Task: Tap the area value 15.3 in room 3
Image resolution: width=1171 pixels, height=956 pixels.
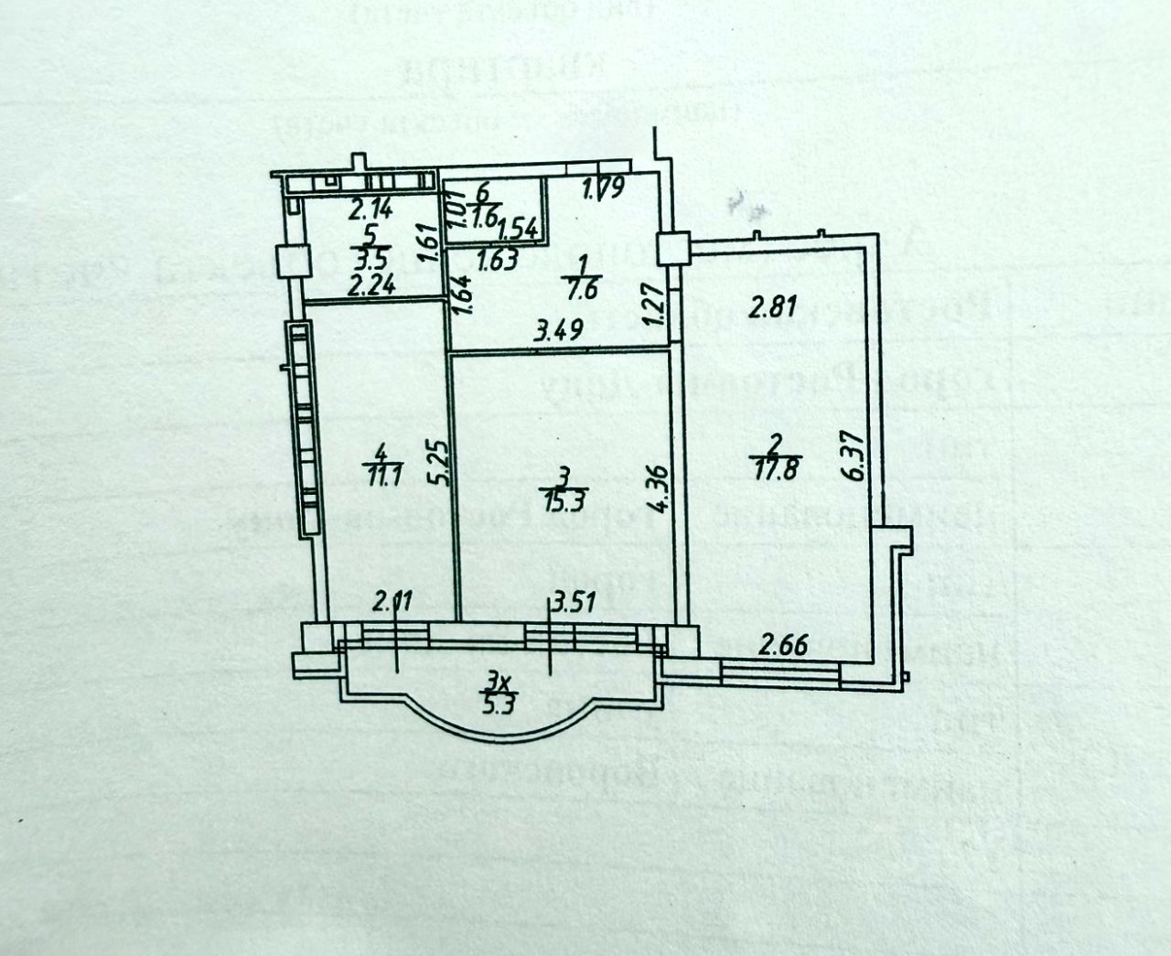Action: pos(564,500)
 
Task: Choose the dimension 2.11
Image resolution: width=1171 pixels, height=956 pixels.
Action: pos(392,603)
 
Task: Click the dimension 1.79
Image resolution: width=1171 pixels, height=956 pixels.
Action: pos(604,189)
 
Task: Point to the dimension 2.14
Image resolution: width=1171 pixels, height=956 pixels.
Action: pos(371,209)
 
